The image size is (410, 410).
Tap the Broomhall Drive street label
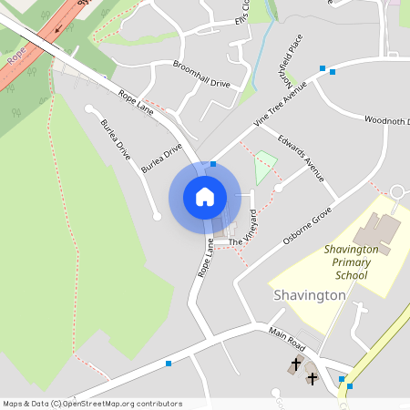tap(201, 74)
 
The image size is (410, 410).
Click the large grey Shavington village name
tap(310, 295)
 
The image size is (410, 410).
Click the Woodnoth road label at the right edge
tap(387, 120)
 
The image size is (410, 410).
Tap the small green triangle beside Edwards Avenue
tap(264, 165)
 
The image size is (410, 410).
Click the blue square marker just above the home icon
tap(213, 164)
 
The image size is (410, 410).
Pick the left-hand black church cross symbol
tap(294, 365)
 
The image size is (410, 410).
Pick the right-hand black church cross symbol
tap(312, 376)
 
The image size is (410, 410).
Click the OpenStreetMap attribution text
tap(92, 403)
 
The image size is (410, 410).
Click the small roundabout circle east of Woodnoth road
tap(396, 191)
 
